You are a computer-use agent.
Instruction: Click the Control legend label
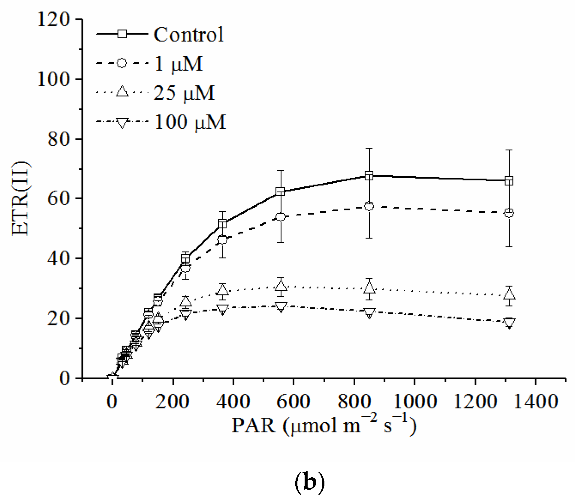pyautogui.click(x=188, y=34)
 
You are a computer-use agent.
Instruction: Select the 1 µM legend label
pyautogui.click(x=179, y=64)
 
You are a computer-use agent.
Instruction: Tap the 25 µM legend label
pyautogui.click(x=184, y=93)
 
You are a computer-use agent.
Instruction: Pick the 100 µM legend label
pyautogui.click(x=190, y=122)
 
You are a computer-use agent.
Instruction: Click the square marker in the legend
pyautogui.click(x=122, y=34)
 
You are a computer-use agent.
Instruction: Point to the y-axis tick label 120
pyautogui.click(x=54, y=19)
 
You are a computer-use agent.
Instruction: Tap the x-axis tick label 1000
pyautogui.click(x=415, y=401)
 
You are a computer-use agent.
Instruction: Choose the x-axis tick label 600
pyautogui.click(x=293, y=401)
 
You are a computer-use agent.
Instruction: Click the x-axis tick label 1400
pyautogui.click(x=536, y=401)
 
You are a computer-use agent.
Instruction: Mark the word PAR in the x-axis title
pyautogui.click(x=253, y=425)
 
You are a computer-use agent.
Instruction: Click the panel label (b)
pyautogui.click(x=309, y=482)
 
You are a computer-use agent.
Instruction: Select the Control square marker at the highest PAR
pyautogui.click(x=509, y=181)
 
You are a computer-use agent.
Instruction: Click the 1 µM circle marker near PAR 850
pyautogui.click(x=369, y=206)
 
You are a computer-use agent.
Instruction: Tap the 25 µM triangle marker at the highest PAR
pyautogui.click(x=509, y=295)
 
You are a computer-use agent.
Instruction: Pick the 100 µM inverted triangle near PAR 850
pyautogui.click(x=369, y=313)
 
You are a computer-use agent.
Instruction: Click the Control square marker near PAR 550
pyautogui.click(x=280, y=191)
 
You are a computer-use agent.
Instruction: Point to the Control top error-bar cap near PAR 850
pyautogui.click(x=369, y=148)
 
